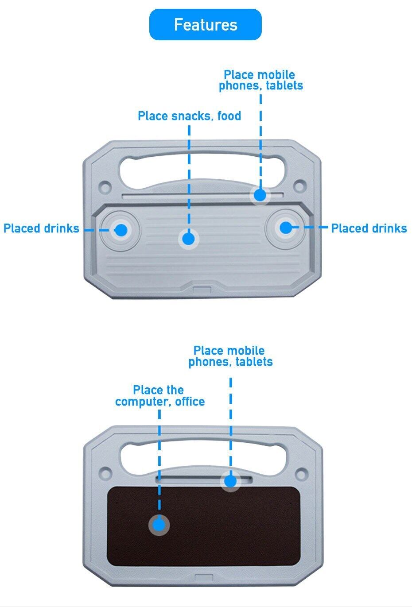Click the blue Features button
[205, 25]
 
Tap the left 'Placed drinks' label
[41, 228]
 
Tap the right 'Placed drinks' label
[369, 228]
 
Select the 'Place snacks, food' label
[189, 116]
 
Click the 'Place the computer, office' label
[159, 396]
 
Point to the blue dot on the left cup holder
[120, 230]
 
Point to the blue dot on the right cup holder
[286, 228]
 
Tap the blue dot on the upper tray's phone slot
[260, 195]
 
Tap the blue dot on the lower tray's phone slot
[230, 481]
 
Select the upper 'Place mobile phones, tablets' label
[260, 80]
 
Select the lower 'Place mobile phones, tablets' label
[230, 356]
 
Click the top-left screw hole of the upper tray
[105, 185]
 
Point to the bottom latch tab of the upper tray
[202, 290]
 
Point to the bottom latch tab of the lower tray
[202, 578]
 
